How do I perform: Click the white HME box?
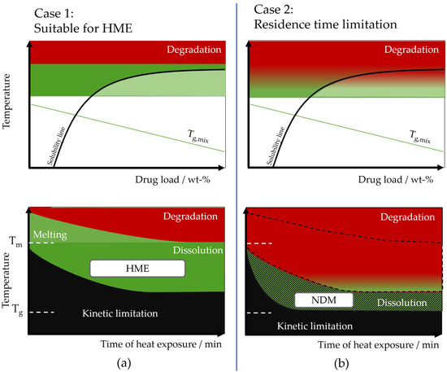coord(137,269)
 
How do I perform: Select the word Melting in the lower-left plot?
coord(51,234)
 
